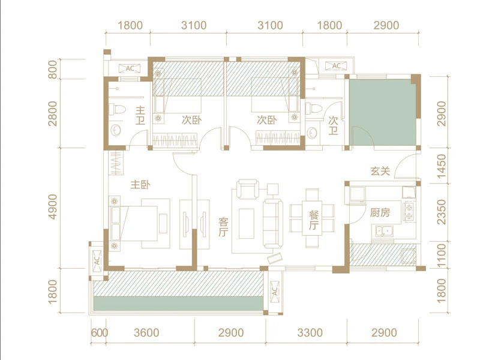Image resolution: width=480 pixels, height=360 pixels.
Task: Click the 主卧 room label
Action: pyautogui.click(x=140, y=185)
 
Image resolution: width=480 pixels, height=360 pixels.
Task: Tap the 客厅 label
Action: pyautogui.click(x=223, y=227)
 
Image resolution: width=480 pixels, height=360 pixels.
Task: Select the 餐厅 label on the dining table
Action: pyautogui.click(x=314, y=220)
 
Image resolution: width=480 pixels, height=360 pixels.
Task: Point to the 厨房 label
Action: pyautogui.click(x=380, y=212)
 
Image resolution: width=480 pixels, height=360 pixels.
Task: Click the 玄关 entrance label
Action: pyautogui.click(x=380, y=171)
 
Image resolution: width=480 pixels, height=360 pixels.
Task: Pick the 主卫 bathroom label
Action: pyautogui.click(x=140, y=115)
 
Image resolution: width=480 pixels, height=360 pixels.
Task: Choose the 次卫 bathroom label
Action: pyautogui.click(x=333, y=125)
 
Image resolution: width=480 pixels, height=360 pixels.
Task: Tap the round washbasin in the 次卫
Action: pyautogui.click(x=312, y=133)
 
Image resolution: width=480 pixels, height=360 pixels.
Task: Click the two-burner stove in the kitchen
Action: pyautogui.click(x=409, y=212)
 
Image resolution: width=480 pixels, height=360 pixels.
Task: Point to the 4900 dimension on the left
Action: pyautogui.click(x=53, y=206)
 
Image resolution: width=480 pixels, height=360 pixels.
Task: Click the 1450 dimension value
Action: pyautogui.click(x=441, y=166)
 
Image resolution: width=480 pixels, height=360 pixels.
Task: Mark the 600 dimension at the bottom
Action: pyautogui.click(x=100, y=333)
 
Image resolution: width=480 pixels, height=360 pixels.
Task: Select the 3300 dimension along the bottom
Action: pyautogui.click(x=310, y=333)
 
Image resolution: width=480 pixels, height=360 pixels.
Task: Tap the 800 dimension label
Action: pyautogui.click(x=53, y=70)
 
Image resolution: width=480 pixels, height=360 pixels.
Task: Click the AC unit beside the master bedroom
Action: pyautogui.click(x=97, y=260)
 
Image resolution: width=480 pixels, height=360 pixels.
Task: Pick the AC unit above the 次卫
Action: pyautogui.click(x=336, y=66)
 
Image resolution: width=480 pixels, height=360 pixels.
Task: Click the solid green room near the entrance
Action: pyautogui.click(x=383, y=113)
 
